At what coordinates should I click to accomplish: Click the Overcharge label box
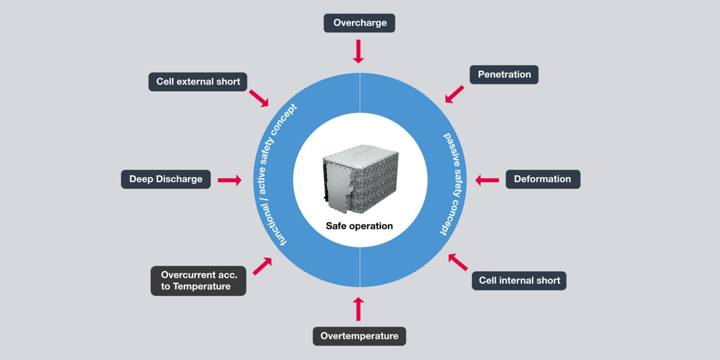pyautogui.click(x=359, y=23)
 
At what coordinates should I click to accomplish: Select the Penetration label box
pyautogui.click(x=504, y=74)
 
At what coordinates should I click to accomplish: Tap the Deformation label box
pyautogui.click(x=542, y=179)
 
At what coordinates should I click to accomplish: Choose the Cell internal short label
pyautogui.click(x=519, y=280)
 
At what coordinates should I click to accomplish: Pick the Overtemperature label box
pyautogui.click(x=359, y=336)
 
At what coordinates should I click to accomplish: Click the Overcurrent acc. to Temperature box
pyautogui.click(x=199, y=281)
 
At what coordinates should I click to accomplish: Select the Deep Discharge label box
pyautogui.click(x=166, y=179)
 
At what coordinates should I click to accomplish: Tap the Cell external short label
pyautogui.click(x=198, y=82)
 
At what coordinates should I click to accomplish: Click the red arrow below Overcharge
pyautogui.click(x=358, y=51)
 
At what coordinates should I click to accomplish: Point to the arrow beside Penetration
pyautogui.click(x=454, y=94)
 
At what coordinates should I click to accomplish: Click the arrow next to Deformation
pyautogui.click(x=487, y=180)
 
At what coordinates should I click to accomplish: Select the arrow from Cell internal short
pyautogui.click(x=458, y=262)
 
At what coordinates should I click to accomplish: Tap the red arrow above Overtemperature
pyautogui.click(x=359, y=309)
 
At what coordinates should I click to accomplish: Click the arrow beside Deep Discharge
pyautogui.click(x=229, y=180)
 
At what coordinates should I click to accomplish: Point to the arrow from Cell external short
pyautogui.click(x=259, y=98)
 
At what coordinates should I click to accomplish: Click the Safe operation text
pyautogui.click(x=359, y=226)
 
